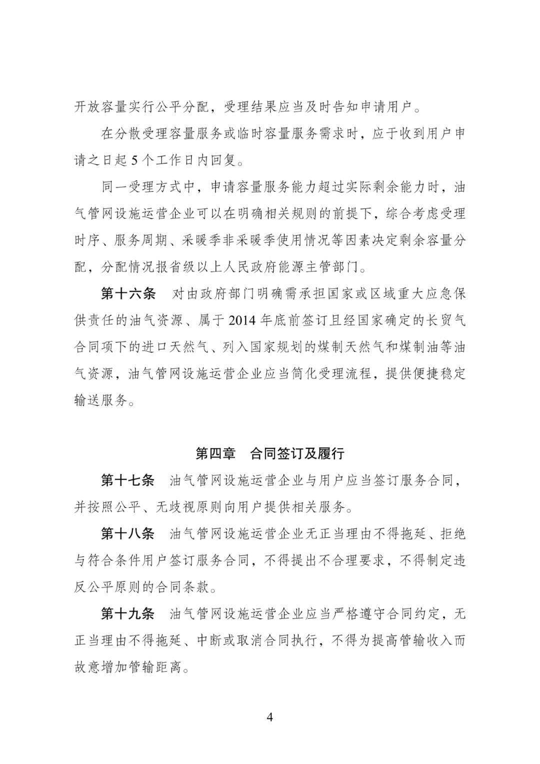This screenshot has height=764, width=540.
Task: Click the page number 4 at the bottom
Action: coord(270,717)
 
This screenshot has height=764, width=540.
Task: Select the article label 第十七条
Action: coord(128,481)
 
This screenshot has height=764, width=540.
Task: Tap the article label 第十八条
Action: coord(128,534)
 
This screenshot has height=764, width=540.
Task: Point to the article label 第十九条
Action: coord(128,614)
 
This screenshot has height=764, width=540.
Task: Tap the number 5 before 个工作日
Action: coord(133,161)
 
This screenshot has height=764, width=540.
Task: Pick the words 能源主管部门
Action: coord(317,267)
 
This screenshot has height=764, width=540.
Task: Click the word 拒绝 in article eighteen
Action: coord(452,534)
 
